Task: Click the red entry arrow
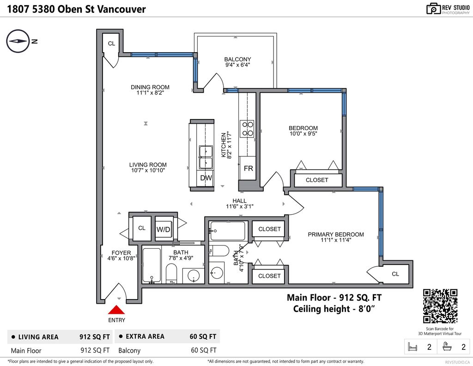point(116,310)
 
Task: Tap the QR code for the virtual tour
point(440,306)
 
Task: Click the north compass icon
point(18,41)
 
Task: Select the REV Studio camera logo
point(433,9)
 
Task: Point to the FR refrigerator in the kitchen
point(248,168)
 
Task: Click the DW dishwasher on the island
point(206,178)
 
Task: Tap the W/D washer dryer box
point(163,229)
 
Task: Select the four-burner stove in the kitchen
point(247,129)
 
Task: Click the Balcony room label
point(238,60)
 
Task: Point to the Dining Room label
point(150,87)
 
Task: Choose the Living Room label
point(148,165)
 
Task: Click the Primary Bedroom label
point(336,234)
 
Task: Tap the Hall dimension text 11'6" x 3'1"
point(240,206)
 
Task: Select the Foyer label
point(121,252)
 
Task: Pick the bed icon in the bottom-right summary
point(412,347)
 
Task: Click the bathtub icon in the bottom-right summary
point(447,347)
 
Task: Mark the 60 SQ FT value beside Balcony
point(204,350)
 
